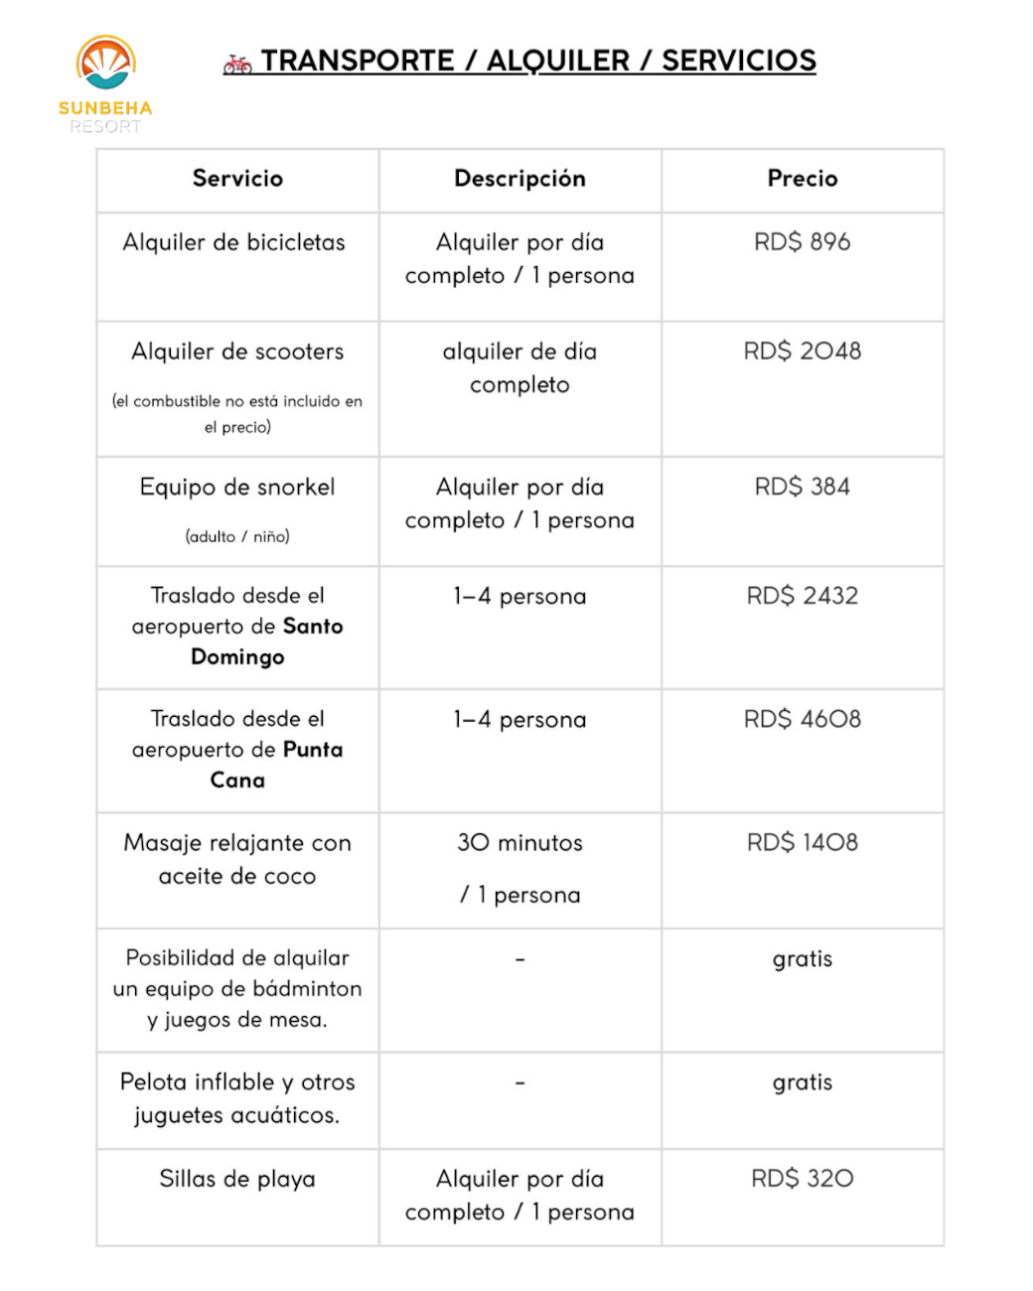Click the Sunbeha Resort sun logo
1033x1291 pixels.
point(105,65)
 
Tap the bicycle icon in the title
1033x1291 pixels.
point(237,65)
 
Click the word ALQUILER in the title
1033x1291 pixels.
point(557,61)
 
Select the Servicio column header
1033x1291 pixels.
point(237,179)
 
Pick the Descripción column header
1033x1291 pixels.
point(519,179)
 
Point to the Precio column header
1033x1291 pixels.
point(802,179)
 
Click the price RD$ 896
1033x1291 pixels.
point(802,242)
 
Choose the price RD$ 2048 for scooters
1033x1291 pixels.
point(802,352)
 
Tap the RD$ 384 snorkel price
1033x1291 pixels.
point(802,487)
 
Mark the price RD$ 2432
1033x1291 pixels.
point(802,596)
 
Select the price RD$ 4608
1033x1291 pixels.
point(802,719)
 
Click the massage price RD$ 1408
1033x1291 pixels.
point(802,843)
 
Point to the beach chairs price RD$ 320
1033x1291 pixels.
point(802,1179)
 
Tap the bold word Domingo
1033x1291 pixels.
point(237,657)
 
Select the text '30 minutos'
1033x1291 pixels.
point(519,843)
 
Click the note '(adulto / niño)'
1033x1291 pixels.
point(237,537)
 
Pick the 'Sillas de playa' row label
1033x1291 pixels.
point(237,1180)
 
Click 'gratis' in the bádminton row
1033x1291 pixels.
point(802,959)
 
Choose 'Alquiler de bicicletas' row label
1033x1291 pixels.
point(233,242)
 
